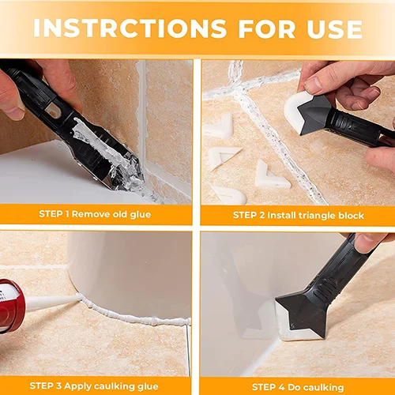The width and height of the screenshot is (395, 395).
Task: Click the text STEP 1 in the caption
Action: (x=54, y=214)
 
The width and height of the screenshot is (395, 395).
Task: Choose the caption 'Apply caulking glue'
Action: (x=114, y=386)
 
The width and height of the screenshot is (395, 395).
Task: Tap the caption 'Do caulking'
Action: (x=321, y=386)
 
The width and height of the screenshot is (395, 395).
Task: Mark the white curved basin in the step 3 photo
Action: (x=126, y=269)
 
